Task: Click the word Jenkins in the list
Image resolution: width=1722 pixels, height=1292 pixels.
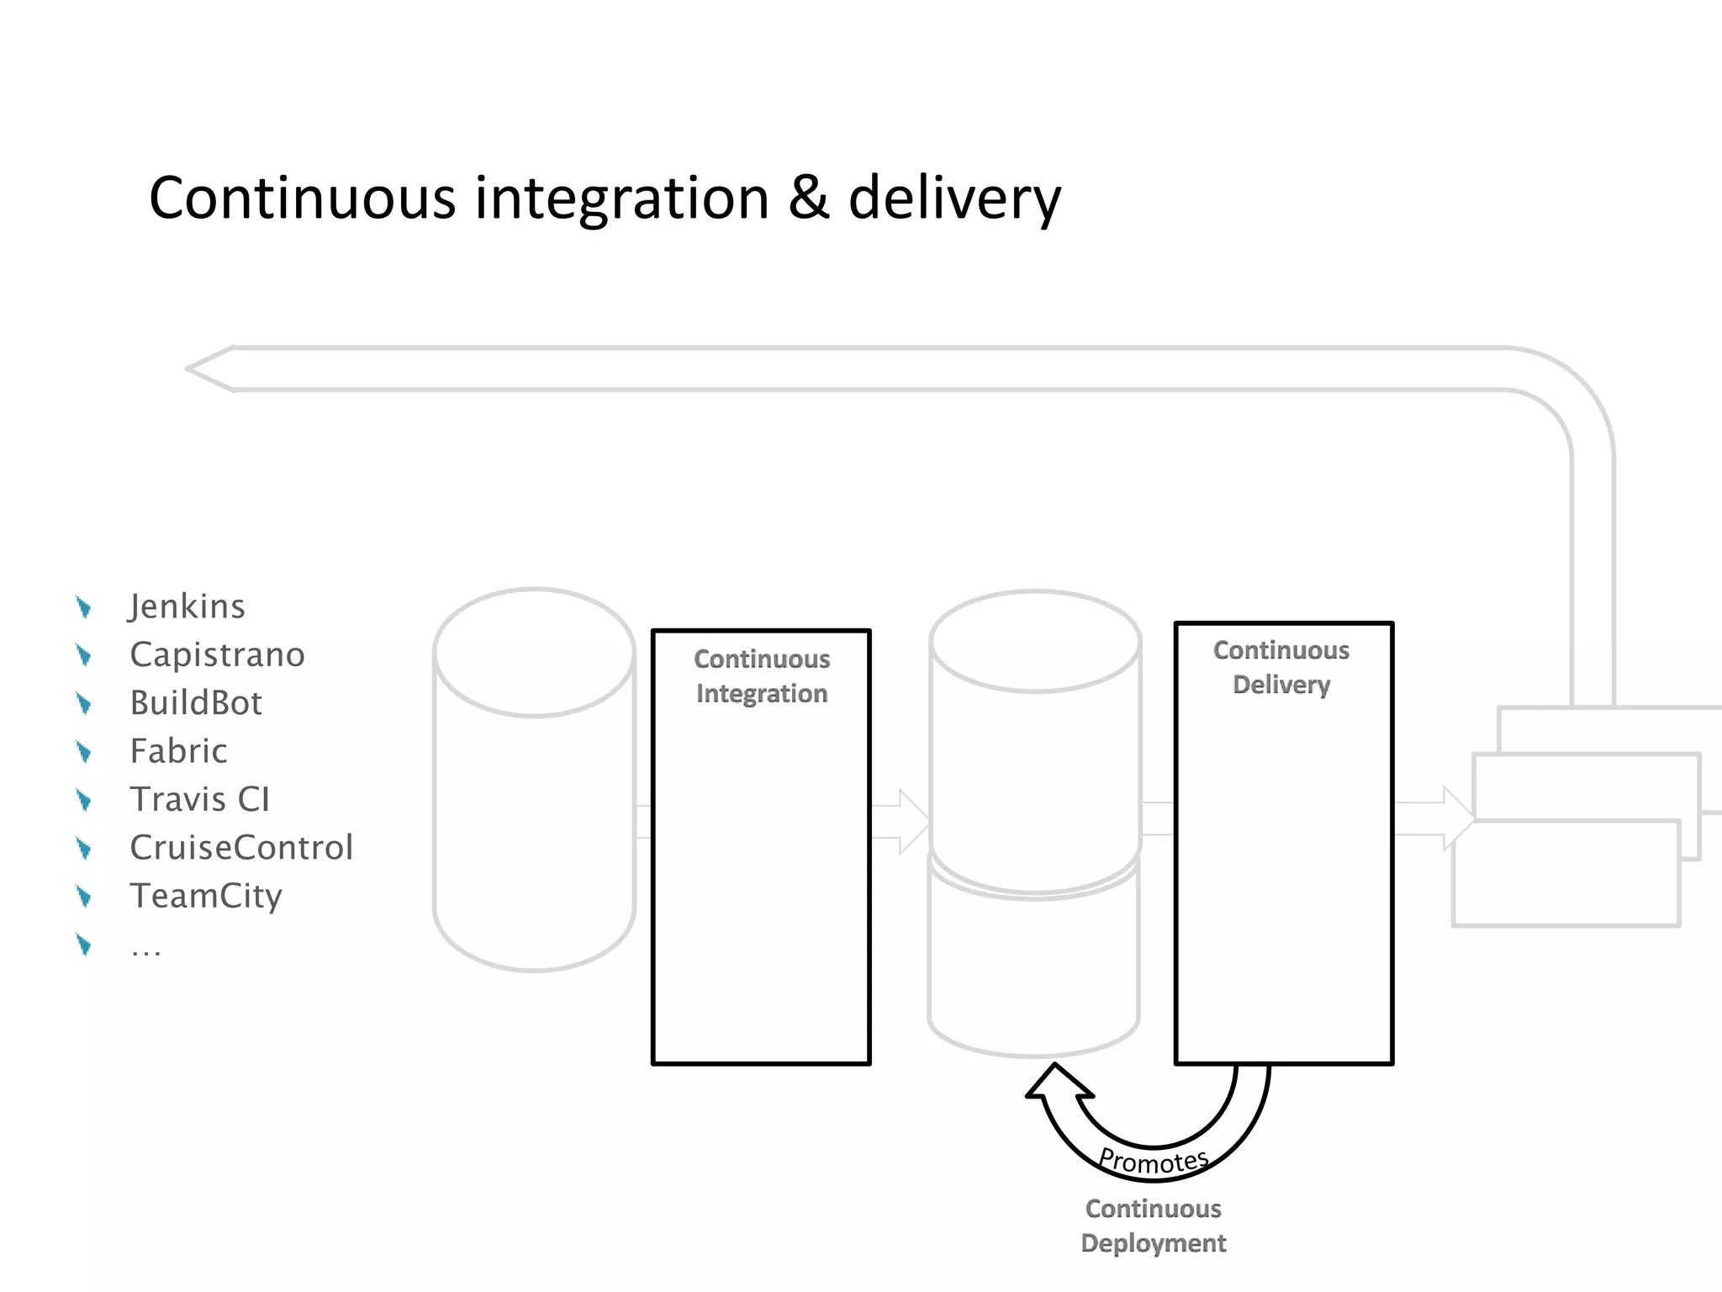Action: coord(188,606)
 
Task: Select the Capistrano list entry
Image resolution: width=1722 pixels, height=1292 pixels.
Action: coord(217,654)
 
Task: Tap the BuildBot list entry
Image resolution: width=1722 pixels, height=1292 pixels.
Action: coord(196,702)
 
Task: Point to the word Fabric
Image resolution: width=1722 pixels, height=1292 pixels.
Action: coord(178,750)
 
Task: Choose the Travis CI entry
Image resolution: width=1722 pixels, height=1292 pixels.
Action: coord(200,799)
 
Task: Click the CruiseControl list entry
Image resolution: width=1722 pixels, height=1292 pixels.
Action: coord(241,847)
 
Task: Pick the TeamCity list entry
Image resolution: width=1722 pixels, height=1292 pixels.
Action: coord(206,895)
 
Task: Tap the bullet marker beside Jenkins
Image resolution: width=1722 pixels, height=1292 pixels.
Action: coord(83,606)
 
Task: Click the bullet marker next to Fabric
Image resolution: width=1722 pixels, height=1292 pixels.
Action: coord(83,751)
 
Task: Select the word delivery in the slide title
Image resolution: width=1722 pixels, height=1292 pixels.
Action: coord(954,199)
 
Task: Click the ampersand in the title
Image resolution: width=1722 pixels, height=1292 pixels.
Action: coord(808,199)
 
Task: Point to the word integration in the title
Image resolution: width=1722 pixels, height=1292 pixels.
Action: coord(622,199)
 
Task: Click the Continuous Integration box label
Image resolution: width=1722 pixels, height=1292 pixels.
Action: coord(762,676)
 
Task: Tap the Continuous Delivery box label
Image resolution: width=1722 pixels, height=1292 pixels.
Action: coord(1281,667)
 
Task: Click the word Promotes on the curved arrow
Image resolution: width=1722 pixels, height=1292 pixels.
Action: coord(1154,1162)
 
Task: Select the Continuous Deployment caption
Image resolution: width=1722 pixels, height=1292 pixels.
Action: coord(1154,1226)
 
